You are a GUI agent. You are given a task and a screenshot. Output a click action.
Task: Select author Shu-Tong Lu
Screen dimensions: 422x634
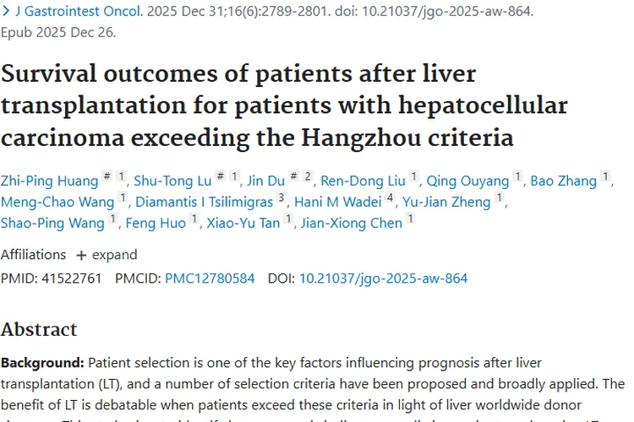(172, 180)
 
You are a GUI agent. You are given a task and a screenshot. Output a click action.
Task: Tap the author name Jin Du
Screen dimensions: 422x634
(266, 180)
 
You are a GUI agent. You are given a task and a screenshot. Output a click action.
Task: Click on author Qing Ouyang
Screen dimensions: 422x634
(467, 180)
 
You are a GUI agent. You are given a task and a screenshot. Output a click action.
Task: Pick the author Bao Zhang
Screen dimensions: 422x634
(563, 180)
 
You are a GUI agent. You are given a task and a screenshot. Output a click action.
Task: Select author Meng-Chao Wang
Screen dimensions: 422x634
(57, 202)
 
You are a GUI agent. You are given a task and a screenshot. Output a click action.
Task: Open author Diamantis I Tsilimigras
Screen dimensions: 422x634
(203, 202)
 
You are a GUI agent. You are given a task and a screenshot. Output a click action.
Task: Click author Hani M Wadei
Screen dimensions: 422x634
(337, 202)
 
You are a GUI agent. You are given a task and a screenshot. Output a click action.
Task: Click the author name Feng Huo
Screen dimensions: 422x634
(156, 223)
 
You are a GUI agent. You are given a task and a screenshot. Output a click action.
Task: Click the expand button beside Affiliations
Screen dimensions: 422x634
(107, 255)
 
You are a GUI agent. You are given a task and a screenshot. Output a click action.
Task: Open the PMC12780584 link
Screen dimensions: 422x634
(209, 278)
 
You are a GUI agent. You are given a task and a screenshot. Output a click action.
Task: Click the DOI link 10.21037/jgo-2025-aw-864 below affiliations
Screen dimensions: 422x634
(383, 278)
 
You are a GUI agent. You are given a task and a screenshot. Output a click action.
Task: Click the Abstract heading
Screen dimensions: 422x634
(39, 328)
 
